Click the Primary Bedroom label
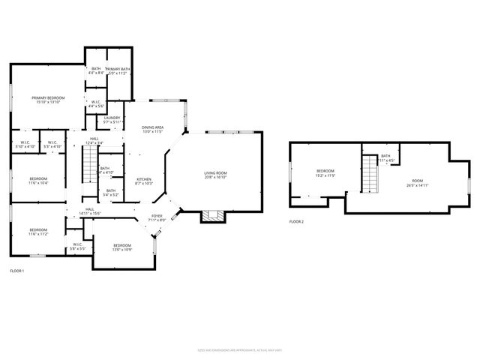[47, 100]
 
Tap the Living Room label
[215, 175]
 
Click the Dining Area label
[153, 130]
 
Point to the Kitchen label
[143, 181]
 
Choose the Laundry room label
[112, 119]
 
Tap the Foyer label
[157, 218]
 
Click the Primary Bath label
[118, 71]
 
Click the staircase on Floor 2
[369, 173]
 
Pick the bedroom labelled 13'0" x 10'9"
[121, 247]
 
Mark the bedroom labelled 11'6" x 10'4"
[38, 181]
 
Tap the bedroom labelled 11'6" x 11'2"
[38, 232]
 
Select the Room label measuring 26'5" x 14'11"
[418, 183]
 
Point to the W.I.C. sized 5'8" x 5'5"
[78, 245]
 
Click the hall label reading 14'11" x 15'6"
[90, 211]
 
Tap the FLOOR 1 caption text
[17, 270]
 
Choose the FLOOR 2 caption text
[297, 221]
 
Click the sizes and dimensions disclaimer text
[239, 348]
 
